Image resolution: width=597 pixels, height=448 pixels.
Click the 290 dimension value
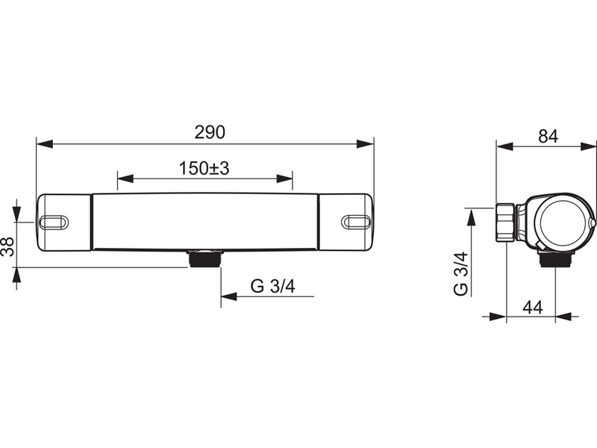pyautogui.click(x=210, y=132)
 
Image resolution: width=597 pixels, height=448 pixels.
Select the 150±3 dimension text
pyautogui.click(x=204, y=168)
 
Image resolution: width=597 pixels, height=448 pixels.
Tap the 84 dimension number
pyautogui.click(x=548, y=137)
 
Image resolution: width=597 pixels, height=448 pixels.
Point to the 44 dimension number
pyautogui.click(x=533, y=307)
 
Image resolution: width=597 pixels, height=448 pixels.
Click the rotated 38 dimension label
pyautogui.click(x=7, y=246)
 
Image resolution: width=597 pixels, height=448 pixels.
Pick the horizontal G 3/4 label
pyautogui.click(x=273, y=286)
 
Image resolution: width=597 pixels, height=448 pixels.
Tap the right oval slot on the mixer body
pyautogui.click(x=356, y=222)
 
